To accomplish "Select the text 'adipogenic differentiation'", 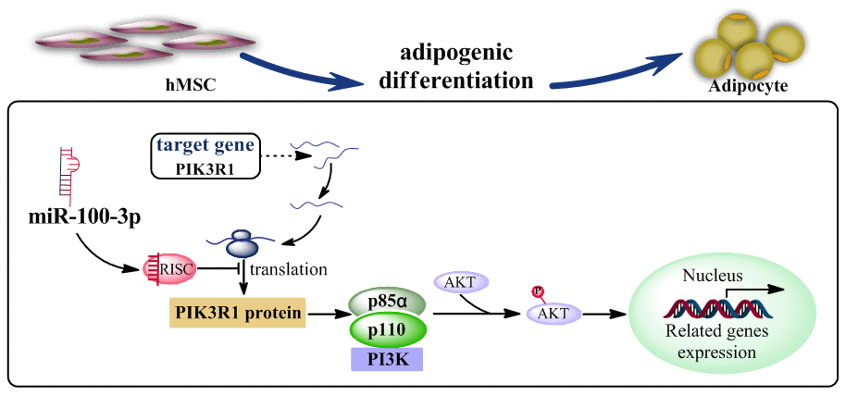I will point(456,66).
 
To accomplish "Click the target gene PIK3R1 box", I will point(205,155).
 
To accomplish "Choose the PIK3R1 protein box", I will point(238,313).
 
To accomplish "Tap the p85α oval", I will point(386,302).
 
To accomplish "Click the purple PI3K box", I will point(386,357).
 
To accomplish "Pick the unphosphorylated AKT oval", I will point(461,282).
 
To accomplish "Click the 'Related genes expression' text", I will point(709,341).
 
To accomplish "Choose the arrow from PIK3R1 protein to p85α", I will point(326,314).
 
